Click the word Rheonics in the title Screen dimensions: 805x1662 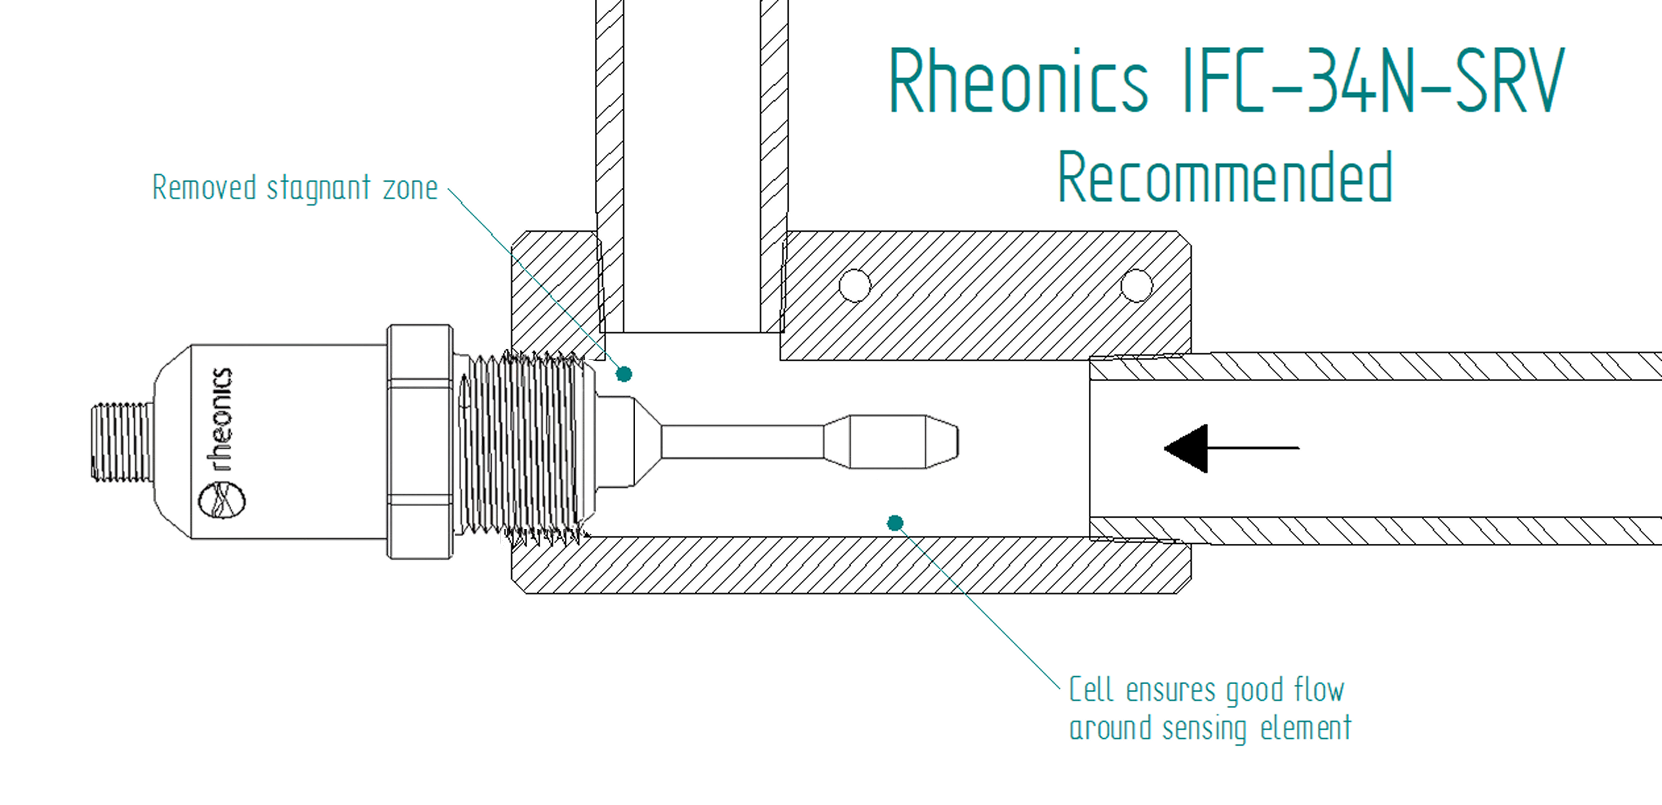1018,82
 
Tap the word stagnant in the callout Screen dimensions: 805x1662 318,189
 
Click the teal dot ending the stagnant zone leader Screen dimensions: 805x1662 623,374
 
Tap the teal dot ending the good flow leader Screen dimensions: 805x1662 895,523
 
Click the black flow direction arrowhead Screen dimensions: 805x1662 1187,448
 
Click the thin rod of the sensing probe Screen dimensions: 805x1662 742,441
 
